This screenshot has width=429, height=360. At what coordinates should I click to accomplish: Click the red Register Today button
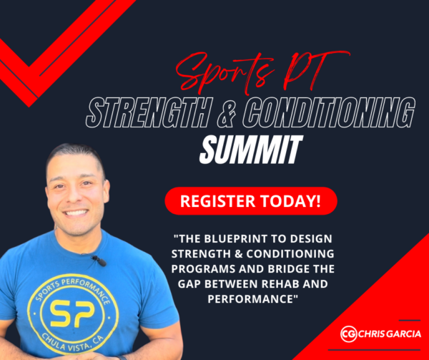[x=251, y=201]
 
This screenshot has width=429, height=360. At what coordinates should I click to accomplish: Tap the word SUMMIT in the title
[x=251, y=150]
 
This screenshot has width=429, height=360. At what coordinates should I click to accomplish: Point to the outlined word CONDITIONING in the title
[x=329, y=113]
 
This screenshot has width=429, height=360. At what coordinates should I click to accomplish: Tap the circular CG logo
[x=349, y=334]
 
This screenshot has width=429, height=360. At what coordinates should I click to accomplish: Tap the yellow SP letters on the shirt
[x=73, y=313]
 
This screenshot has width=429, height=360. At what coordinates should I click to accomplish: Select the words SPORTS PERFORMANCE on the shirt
[x=71, y=289]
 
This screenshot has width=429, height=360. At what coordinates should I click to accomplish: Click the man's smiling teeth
[x=76, y=212]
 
